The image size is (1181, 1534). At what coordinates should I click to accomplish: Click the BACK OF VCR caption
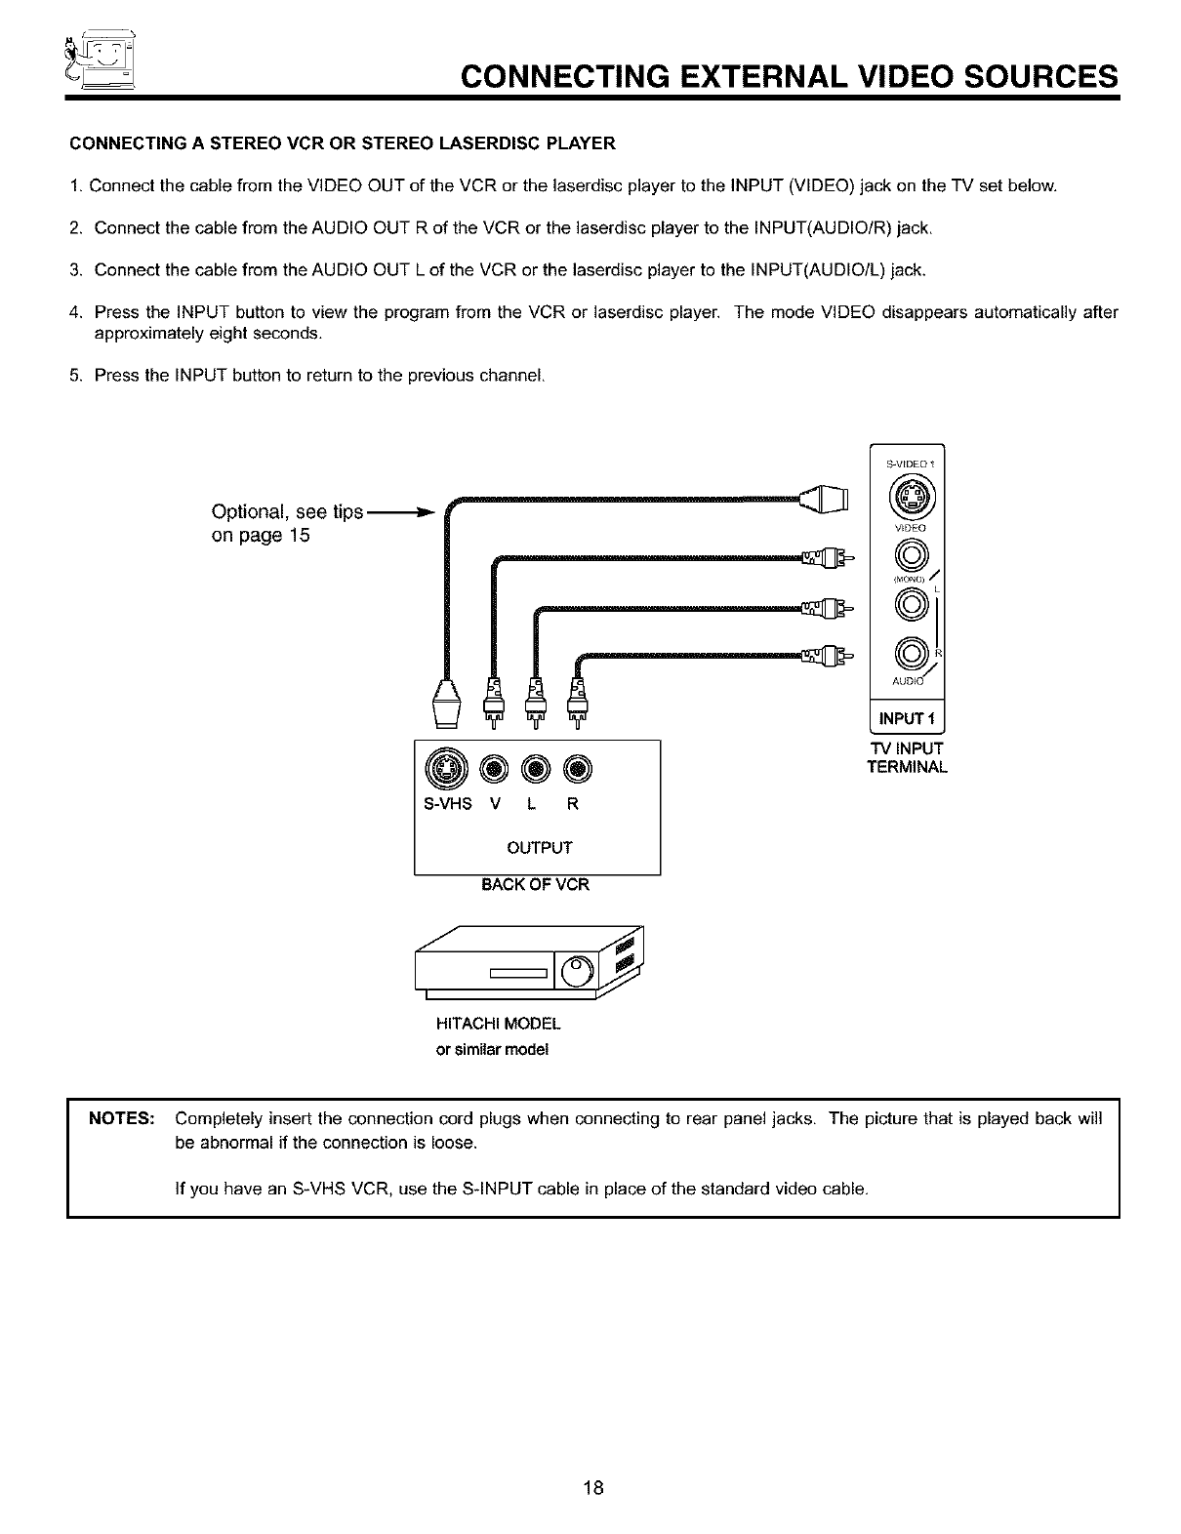pyautogui.click(x=537, y=885)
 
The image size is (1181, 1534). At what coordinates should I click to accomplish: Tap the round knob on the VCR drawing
pyautogui.click(x=577, y=971)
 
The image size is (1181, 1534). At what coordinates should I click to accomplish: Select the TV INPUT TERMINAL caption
pyautogui.click(x=907, y=757)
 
